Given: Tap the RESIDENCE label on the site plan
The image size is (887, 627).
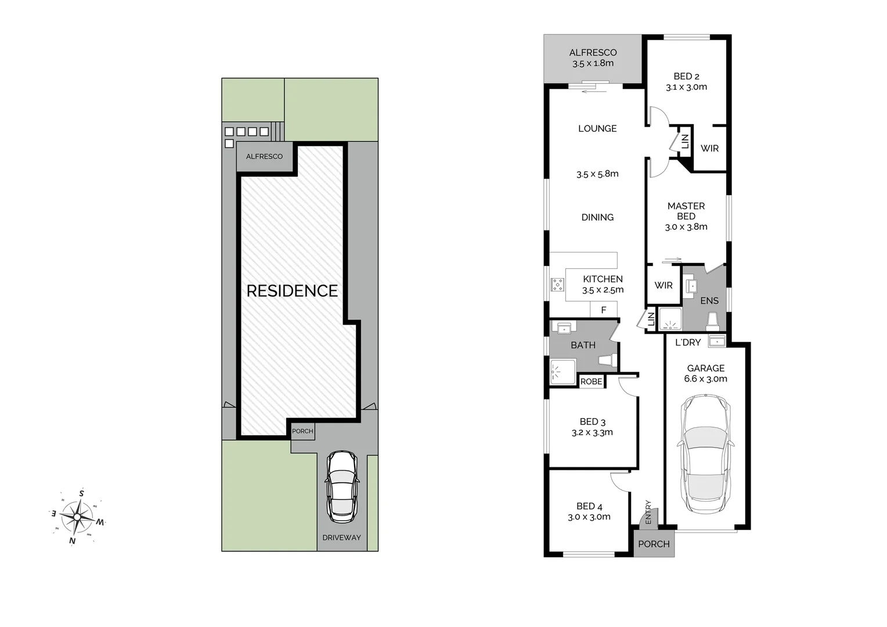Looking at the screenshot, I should click(x=292, y=291).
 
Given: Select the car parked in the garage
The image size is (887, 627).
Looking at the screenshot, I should click(x=705, y=454).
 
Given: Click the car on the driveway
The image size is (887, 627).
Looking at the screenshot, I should click(x=341, y=487).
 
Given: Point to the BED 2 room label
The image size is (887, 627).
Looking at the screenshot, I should click(x=686, y=76).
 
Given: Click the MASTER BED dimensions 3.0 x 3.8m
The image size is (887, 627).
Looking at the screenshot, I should click(x=686, y=227).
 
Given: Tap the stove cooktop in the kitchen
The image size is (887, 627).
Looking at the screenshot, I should click(x=557, y=284).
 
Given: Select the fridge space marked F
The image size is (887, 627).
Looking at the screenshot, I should click(x=604, y=310).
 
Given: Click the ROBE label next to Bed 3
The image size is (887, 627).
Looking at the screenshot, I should click(x=592, y=381).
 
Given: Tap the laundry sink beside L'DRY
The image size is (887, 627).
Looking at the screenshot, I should click(x=717, y=341).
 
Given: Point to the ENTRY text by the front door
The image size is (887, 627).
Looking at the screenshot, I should click(x=648, y=512).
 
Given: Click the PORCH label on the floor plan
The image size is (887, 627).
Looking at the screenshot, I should click(x=654, y=544).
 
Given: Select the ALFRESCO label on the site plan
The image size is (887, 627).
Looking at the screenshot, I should click(x=264, y=157).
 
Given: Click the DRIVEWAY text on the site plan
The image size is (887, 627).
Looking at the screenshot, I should click(x=341, y=538).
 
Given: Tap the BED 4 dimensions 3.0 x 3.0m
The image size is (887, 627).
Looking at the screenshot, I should click(x=589, y=517).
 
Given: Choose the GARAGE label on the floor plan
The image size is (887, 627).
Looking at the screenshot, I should click(x=705, y=368).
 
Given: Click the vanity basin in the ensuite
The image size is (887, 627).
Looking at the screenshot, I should click(x=691, y=286).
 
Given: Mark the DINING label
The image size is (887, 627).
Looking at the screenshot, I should click(x=597, y=217).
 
